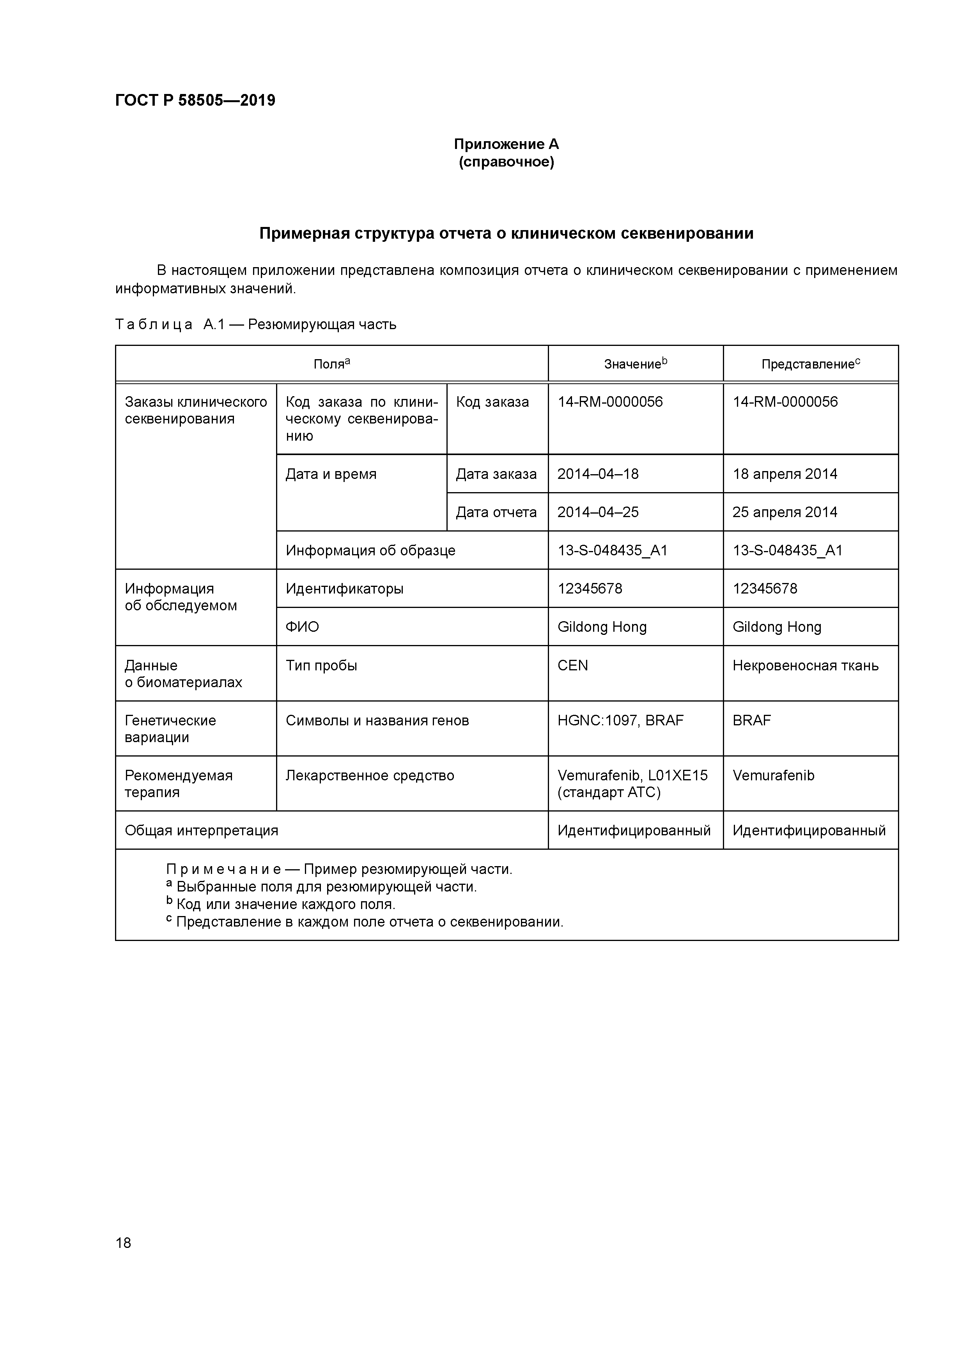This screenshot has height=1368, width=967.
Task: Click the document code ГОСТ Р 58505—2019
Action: point(195,100)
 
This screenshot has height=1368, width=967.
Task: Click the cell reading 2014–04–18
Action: point(598,474)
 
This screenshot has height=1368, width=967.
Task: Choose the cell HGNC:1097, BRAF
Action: point(620,720)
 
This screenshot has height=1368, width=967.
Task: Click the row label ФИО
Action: point(302,627)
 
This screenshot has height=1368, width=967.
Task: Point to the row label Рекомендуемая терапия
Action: point(178,783)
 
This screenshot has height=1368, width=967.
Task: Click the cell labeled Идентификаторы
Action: point(344,589)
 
